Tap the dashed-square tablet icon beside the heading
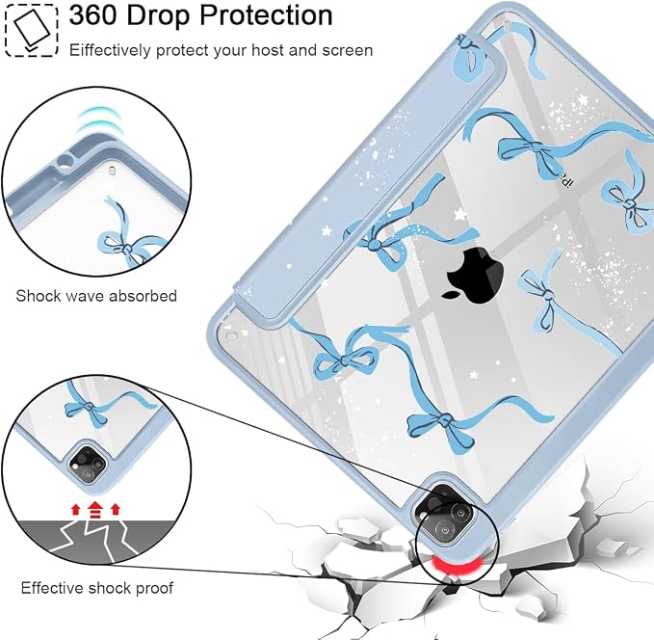click(x=31, y=30)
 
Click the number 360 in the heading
click(x=92, y=15)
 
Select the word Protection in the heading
click(x=266, y=15)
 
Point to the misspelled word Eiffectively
click(x=110, y=50)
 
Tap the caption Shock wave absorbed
click(x=96, y=296)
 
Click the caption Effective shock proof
click(x=96, y=588)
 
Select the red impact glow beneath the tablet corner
click(x=458, y=565)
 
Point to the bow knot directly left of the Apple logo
click(x=374, y=244)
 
